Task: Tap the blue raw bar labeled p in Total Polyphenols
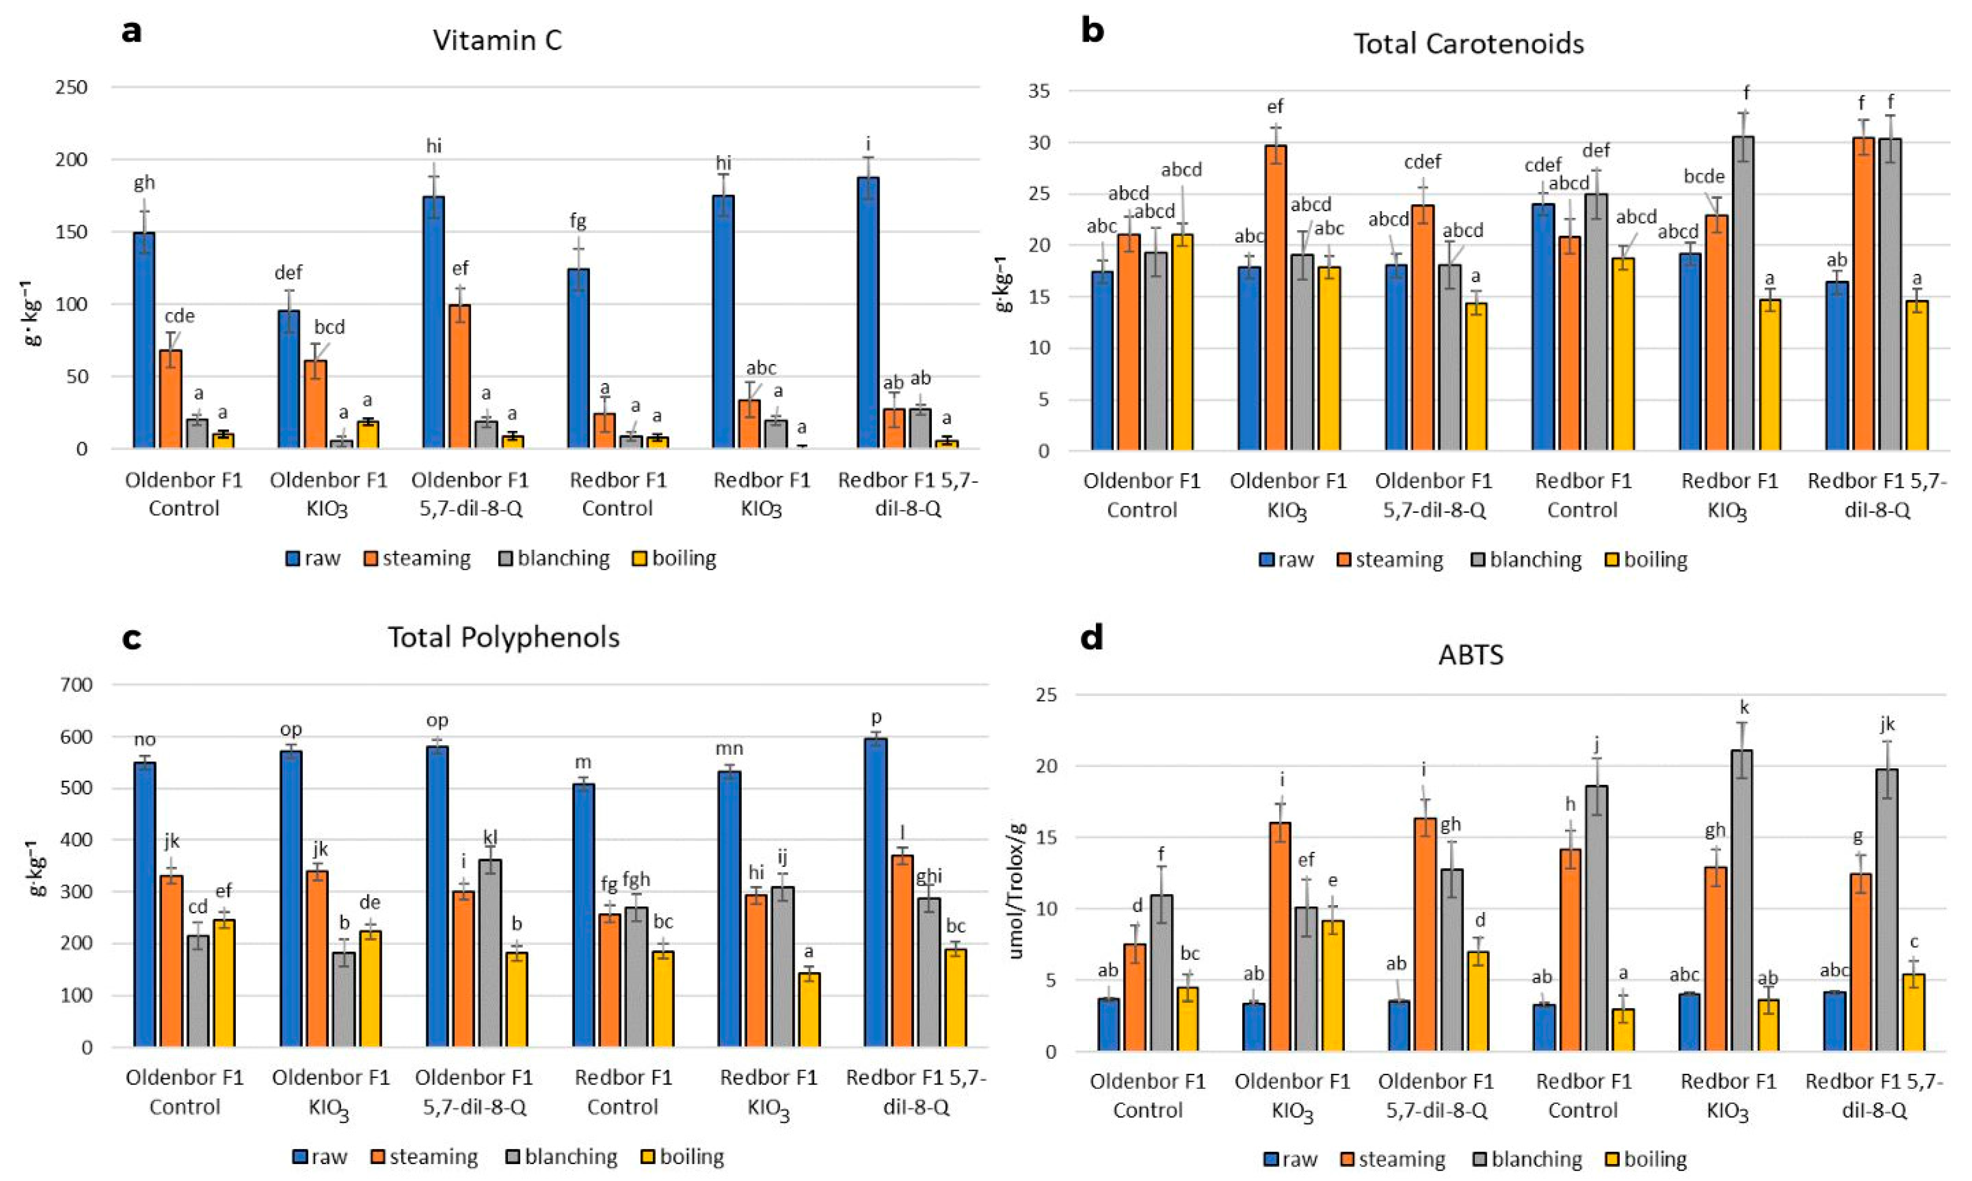click(x=876, y=891)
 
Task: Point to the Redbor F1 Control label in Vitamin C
click(x=617, y=494)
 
